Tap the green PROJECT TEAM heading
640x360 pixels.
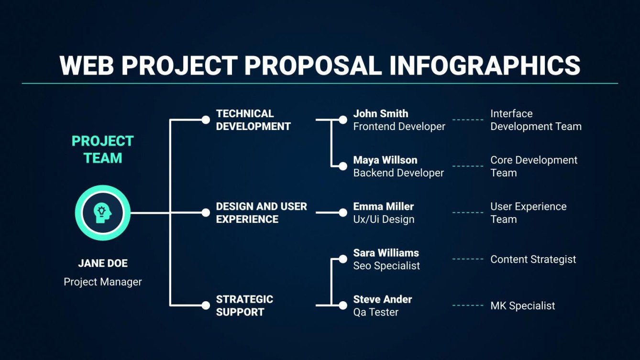pos(102,150)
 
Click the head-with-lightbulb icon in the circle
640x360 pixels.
pos(102,213)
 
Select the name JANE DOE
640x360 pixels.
pos(102,263)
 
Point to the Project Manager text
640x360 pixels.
pos(102,282)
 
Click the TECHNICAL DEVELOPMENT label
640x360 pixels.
pos(253,120)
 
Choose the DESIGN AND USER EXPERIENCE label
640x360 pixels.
pos(261,213)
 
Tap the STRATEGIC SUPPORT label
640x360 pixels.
pos(244,305)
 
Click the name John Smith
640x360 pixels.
pos(381,114)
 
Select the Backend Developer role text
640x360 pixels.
pos(398,173)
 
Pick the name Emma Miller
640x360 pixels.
pos(383,207)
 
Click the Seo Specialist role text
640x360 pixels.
pos(386,266)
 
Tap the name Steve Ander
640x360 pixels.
pos(382,299)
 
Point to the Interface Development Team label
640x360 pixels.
pos(535,120)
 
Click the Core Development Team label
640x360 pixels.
pos(533,166)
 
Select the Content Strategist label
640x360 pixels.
pos(533,260)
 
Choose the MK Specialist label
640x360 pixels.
pos(522,306)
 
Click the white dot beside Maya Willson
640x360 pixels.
pos(342,166)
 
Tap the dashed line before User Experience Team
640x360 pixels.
pos(468,213)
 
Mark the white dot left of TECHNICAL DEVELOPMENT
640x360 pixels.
pos(206,120)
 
